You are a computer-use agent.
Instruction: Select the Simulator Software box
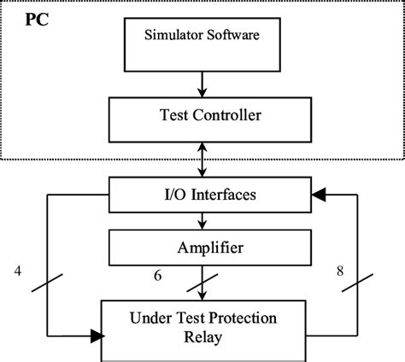(202, 44)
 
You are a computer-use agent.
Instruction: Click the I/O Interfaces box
(202, 196)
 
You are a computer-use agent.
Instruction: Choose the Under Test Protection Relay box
(202, 328)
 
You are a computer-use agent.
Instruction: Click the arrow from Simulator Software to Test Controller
(202, 83)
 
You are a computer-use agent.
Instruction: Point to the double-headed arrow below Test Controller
(202, 160)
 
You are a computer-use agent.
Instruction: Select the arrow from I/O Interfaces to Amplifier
(202, 220)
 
